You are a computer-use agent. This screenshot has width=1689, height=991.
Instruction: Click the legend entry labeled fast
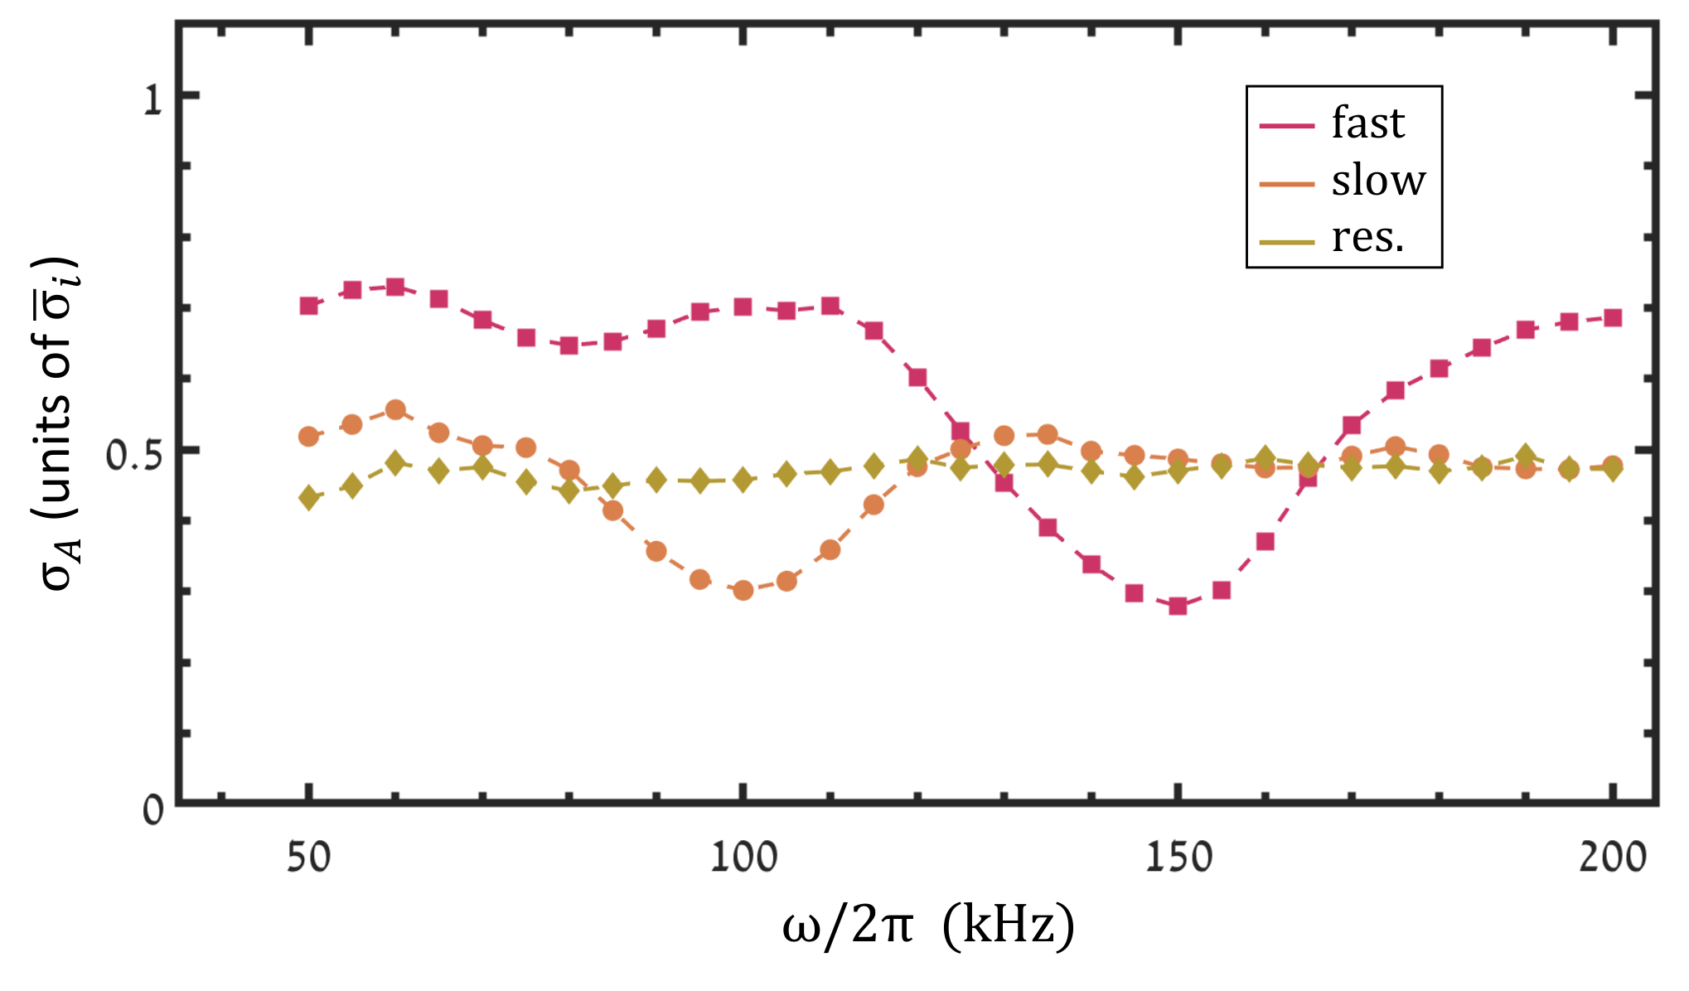1333,124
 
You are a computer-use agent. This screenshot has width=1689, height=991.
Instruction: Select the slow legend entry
1343,181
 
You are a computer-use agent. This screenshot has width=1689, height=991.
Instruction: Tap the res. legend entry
1333,239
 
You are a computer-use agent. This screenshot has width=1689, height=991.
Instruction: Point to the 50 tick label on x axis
308,857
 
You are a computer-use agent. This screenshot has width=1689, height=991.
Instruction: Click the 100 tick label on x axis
743,857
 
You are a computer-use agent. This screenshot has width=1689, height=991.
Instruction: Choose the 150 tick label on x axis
1178,857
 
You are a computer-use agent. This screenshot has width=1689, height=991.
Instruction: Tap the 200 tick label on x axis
1612,857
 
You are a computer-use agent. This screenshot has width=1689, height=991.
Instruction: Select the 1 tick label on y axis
152,100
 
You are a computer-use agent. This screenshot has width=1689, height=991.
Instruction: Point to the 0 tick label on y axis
152,810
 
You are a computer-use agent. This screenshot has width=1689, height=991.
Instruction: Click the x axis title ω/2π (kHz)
928,926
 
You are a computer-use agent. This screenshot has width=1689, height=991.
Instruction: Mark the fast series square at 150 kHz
1178,606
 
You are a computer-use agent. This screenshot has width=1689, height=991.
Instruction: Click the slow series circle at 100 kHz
743,590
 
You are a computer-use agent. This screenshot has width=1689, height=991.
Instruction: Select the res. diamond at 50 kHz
308,498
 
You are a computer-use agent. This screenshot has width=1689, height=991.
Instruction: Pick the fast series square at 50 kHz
308,306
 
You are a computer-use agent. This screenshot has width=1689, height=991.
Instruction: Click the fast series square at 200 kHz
1612,318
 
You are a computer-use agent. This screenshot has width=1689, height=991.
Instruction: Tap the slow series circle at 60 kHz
395,410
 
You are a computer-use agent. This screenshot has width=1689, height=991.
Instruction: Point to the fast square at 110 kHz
830,306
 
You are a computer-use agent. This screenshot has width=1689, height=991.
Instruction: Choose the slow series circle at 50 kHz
308,437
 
